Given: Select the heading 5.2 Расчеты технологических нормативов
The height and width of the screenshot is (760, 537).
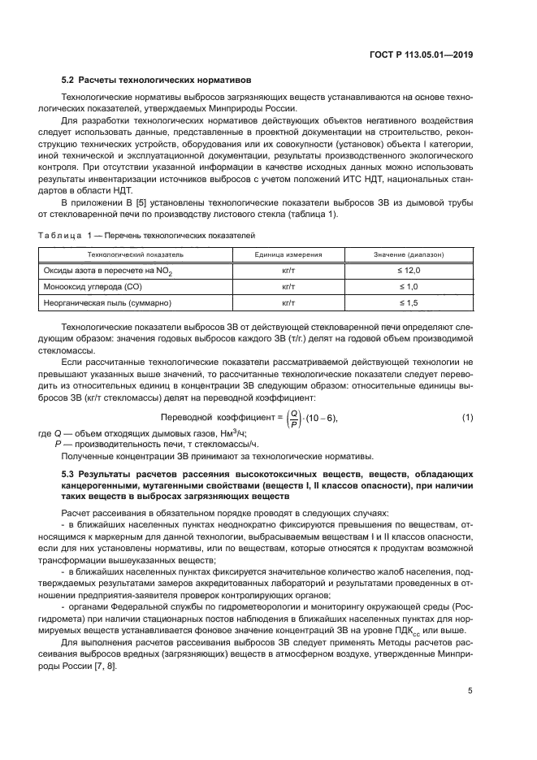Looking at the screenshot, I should [x=157, y=80].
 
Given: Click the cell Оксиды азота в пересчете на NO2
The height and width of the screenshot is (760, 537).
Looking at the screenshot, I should [x=115, y=270].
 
